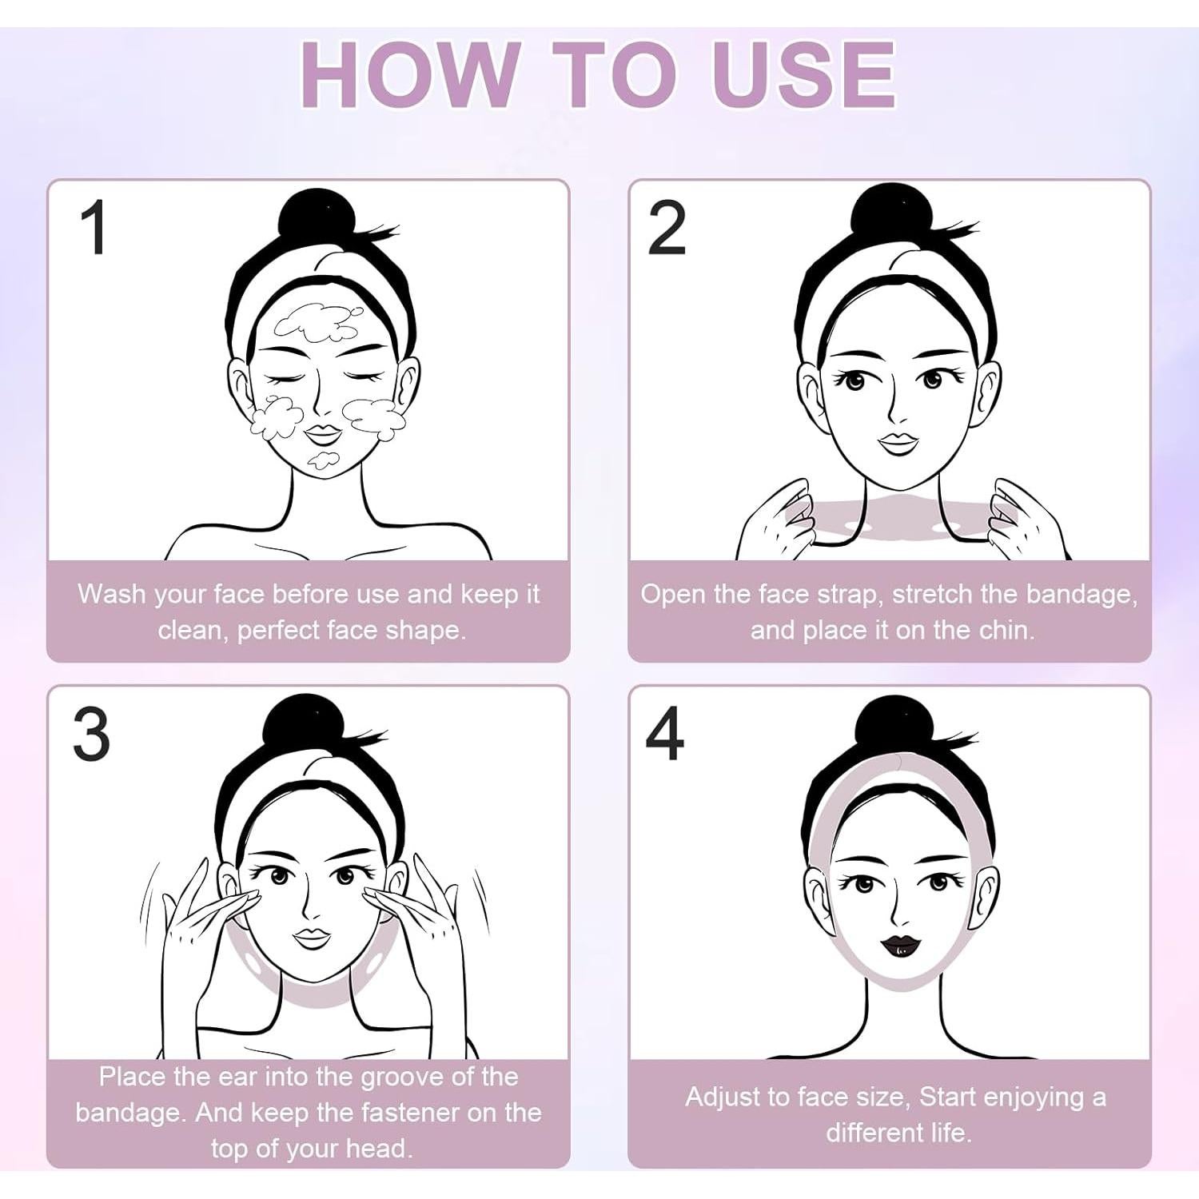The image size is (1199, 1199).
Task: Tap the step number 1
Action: [95, 228]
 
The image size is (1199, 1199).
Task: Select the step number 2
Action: [666, 228]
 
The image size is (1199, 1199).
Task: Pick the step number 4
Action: [665, 733]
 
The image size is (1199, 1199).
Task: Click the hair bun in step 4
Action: [895, 725]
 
